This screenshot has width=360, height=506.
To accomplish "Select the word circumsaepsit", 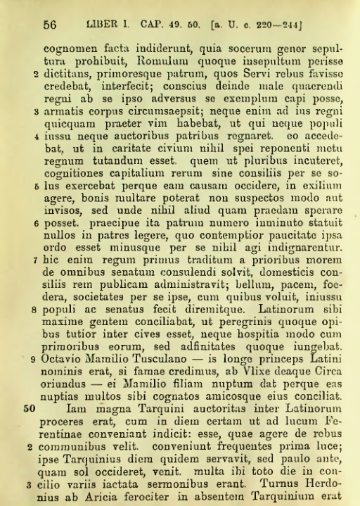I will click(x=157, y=111).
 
